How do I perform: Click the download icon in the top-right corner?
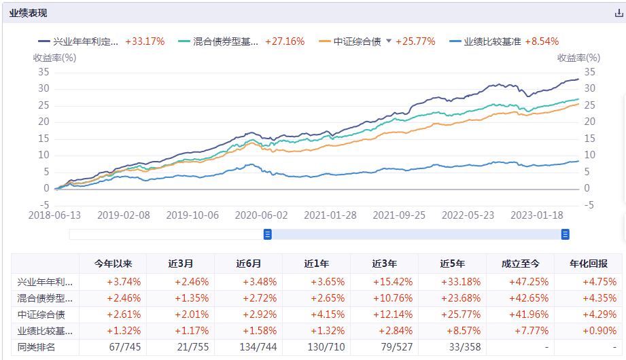(619, 14)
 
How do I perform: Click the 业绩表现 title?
(28, 14)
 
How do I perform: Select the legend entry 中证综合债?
(356, 41)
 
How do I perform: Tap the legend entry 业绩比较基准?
(492, 41)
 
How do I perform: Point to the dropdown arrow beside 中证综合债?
(389, 41)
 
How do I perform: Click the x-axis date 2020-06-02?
(261, 215)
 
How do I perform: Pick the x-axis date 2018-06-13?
(55, 215)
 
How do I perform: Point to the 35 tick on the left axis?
(44, 72)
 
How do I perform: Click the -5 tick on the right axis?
(589, 205)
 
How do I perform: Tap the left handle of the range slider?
(268, 234)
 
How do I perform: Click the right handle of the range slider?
(565, 234)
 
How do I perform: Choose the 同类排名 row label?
(37, 348)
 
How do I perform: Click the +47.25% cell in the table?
(520, 281)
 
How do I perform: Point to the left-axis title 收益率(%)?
(55, 58)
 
